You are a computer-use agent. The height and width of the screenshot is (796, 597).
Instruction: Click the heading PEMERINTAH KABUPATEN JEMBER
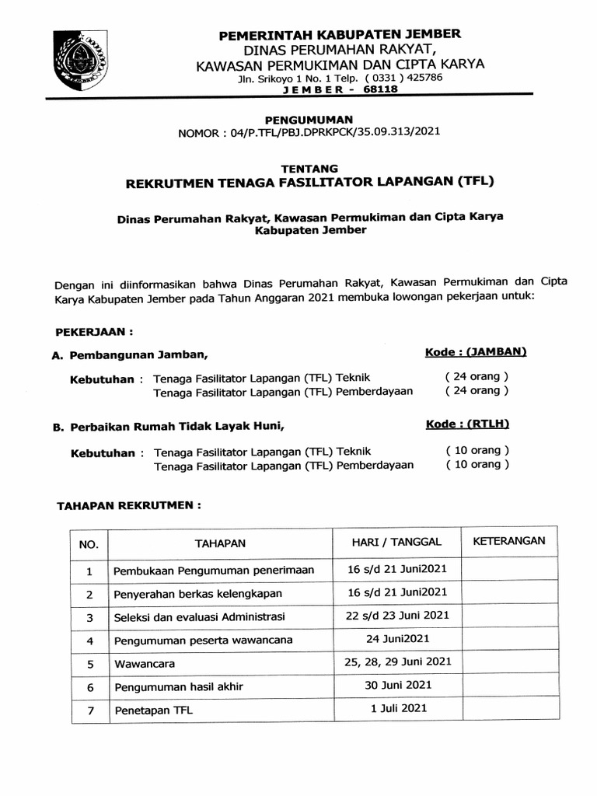click(x=340, y=34)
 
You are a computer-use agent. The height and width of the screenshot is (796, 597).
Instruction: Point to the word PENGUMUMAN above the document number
click(x=309, y=119)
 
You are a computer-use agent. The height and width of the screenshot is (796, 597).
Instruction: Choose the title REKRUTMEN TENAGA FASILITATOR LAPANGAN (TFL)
click(x=309, y=182)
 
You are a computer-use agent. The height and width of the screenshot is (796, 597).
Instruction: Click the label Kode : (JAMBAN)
click(x=476, y=352)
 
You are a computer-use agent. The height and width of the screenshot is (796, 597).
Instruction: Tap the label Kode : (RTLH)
click(x=468, y=424)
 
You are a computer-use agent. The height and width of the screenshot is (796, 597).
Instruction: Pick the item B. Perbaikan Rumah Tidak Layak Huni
click(x=164, y=428)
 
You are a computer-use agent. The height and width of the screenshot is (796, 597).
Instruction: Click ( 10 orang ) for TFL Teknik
click(x=477, y=450)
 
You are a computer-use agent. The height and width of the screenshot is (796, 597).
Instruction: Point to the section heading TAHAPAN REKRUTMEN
click(x=130, y=505)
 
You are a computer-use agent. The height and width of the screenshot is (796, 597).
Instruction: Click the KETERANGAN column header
click(x=508, y=541)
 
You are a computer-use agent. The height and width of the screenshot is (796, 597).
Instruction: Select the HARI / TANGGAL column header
click(x=396, y=541)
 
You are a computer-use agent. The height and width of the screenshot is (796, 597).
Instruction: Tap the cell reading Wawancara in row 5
click(x=145, y=665)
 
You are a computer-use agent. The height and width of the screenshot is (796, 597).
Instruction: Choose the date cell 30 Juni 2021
click(x=397, y=685)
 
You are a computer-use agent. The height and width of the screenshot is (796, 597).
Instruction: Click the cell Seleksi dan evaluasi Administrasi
click(x=200, y=617)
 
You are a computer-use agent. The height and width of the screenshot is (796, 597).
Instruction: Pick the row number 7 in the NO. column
click(x=89, y=711)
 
